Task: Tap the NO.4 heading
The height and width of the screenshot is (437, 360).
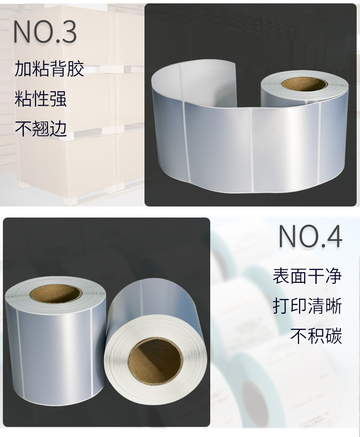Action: [x=311, y=237]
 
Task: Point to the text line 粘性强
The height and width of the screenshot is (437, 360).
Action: [x=41, y=98]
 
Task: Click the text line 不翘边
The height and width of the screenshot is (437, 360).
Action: [x=41, y=129]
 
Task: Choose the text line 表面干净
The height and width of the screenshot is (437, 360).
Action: [x=307, y=276]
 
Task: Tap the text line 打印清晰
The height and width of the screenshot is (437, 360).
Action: [x=307, y=306]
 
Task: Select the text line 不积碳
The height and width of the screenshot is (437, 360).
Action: [x=316, y=336]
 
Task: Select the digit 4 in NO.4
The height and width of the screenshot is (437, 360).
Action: [x=334, y=237]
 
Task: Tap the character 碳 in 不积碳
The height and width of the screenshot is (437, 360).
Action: [x=333, y=336]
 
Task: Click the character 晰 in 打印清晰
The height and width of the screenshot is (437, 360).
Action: [x=333, y=306]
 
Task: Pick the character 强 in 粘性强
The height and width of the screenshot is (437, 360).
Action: [x=58, y=98]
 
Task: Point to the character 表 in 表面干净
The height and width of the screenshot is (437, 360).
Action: [x=281, y=276]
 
